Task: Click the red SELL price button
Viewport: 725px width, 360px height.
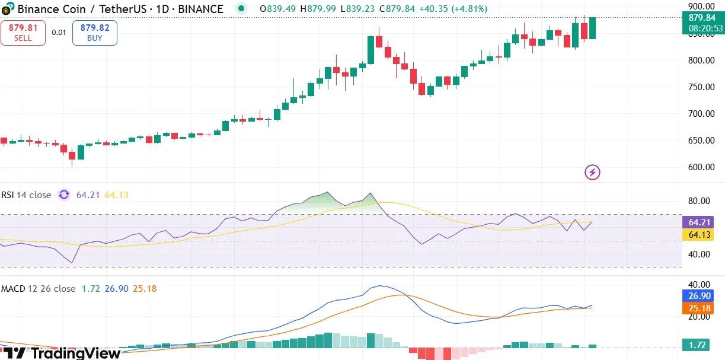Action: (23, 33)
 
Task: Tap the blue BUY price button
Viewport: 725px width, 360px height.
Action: (95, 33)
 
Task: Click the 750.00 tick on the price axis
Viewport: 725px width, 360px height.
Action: (700, 87)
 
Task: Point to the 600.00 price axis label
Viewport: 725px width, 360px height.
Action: (700, 167)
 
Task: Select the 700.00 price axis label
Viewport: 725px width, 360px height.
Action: (700, 114)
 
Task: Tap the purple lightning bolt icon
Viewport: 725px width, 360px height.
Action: (593, 173)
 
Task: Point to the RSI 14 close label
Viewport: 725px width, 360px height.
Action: (26, 195)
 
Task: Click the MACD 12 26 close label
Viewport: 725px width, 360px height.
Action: (38, 289)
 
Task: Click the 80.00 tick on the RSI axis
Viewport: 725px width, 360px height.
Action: (700, 201)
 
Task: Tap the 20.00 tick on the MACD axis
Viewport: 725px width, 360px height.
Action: (700, 317)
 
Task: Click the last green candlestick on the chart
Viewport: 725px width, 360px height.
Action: (592, 28)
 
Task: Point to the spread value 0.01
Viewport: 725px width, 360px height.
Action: (59, 33)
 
